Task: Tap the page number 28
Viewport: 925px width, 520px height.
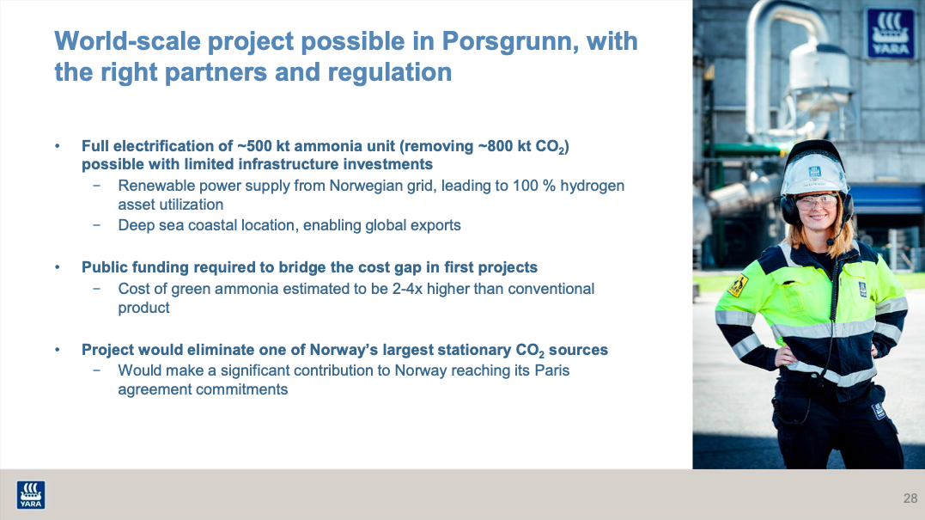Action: (x=910, y=499)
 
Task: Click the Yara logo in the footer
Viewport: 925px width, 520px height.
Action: (x=31, y=494)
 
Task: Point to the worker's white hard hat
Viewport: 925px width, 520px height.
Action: (x=813, y=168)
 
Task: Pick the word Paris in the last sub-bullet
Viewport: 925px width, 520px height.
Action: (x=551, y=370)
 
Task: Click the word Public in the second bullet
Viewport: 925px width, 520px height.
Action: (x=104, y=266)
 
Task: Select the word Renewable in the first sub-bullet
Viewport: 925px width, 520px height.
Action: (x=153, y=186)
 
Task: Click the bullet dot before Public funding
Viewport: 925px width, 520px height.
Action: (x=58, y=267)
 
